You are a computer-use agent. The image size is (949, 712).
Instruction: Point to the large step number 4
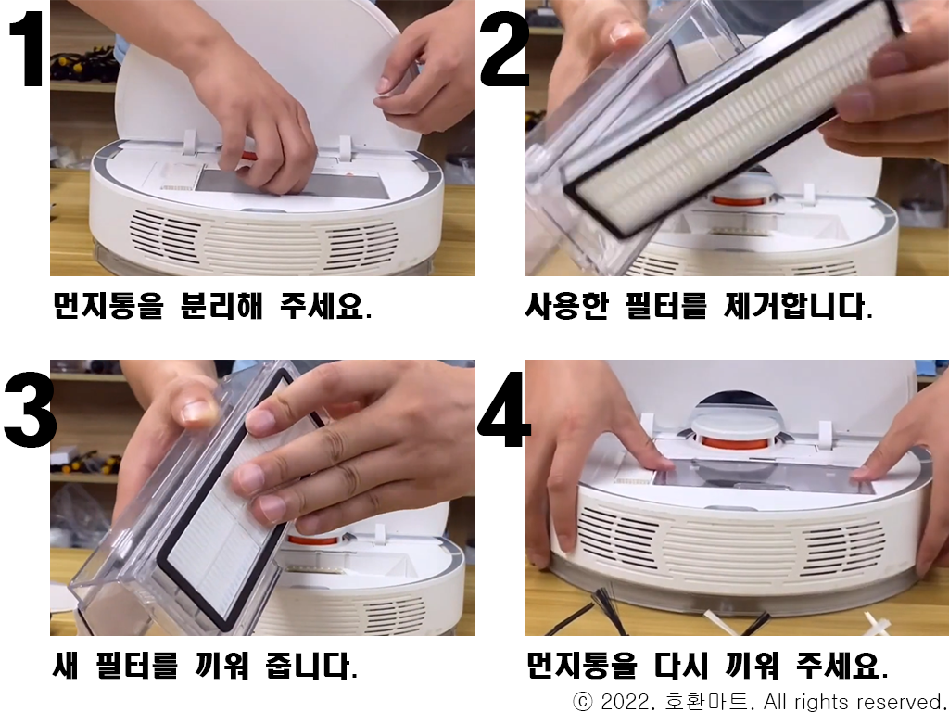504,410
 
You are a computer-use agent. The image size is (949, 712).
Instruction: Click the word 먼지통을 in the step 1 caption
108,306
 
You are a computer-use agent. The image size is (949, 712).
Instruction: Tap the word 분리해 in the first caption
222,306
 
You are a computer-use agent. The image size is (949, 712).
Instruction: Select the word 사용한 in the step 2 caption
566,306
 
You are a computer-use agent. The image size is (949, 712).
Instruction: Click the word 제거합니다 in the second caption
798,306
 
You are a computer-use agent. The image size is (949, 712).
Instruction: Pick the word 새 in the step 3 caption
66,666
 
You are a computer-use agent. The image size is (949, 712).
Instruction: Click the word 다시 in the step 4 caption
681,666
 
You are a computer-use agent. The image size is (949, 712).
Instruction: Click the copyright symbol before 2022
583,702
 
